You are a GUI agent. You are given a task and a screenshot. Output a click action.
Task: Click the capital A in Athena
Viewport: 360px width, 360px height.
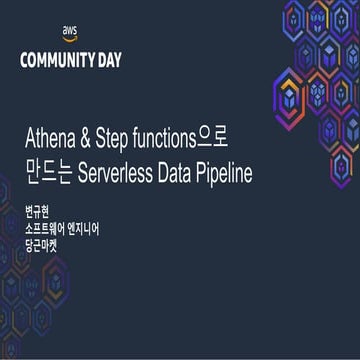pyautogui.click(x=30, y=140)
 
